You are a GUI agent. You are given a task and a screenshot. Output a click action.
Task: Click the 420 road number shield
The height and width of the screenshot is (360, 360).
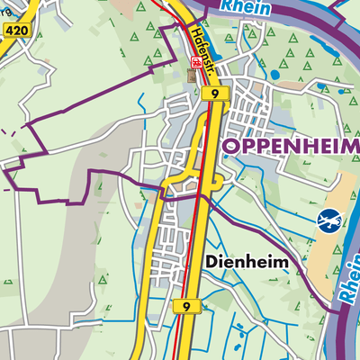coord(15,31)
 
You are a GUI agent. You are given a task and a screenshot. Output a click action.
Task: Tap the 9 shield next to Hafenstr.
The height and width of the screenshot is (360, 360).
coord(211,93)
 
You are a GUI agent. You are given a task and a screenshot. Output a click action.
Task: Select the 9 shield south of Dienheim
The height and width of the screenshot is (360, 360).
coord(185,307)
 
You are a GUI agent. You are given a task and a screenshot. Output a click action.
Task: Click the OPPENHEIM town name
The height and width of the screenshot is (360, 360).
coord(289,146)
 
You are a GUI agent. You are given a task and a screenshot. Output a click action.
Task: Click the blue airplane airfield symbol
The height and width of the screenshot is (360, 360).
coord(330,219)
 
